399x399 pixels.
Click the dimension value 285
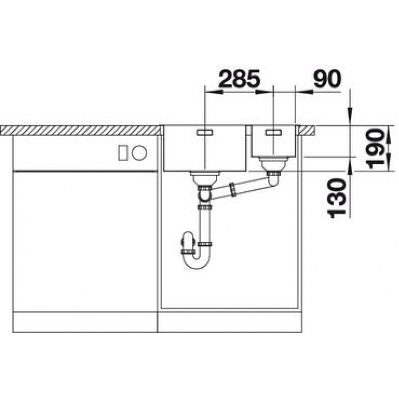tap(239, 78)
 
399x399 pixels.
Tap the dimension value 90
tap(327, 78)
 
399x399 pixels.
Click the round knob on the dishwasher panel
tap(139, 153)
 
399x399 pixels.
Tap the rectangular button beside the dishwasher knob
tap(122, 153)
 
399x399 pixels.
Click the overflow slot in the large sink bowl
tap(205, 132)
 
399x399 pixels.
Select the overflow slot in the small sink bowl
tap(273, 132)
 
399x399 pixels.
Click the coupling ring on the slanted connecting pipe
tap(232, 190)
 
